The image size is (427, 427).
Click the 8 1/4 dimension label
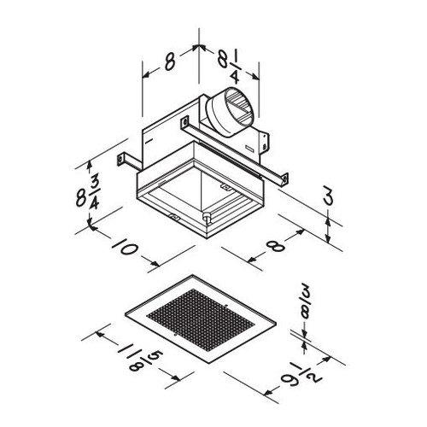(231, 67)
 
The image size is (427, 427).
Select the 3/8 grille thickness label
(305, 310)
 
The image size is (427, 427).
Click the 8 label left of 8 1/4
(169, 61)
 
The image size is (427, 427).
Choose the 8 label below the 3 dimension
(276, 245)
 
